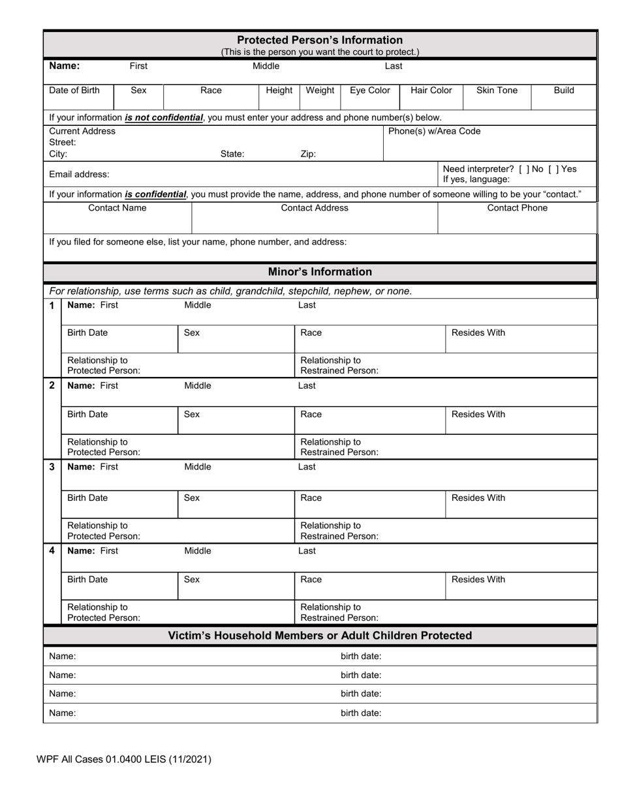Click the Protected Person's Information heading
[x=320, y=40]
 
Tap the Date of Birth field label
[x=74, y=91]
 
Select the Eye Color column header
[x=370, y=91]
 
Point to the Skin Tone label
[x=497, y=91]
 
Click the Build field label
[x=564, y=91]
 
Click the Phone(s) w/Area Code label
[x=434, y=132]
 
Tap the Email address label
[x=79, y=175]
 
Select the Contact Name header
[x=117, y=208]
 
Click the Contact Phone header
[x=518, y=208]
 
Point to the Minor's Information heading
[x=320, y=272]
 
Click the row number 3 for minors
[x=52, y=467]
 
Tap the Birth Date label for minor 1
[x=87, y=333]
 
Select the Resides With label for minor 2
[x=478, y=415]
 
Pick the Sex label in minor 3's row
[x=192, y=498]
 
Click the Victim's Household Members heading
[x=320, y=636]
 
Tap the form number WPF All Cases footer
[x=124, y=759]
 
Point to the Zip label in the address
[x=308, y=155]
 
